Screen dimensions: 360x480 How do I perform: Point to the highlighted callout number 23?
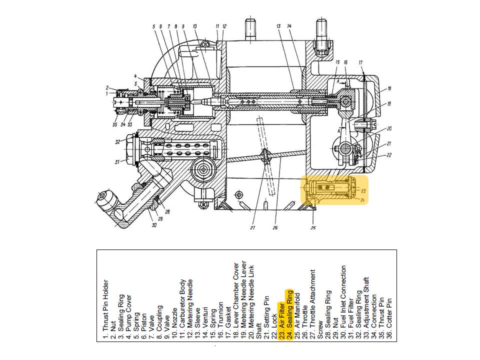[x=363, y=191]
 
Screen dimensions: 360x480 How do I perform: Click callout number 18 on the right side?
[x=389, y=89]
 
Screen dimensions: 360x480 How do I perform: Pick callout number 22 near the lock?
[x=388, y=155]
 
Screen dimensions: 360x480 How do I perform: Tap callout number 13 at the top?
[x=277, y=25]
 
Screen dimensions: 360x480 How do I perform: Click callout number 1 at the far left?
[x=106, y=93]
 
